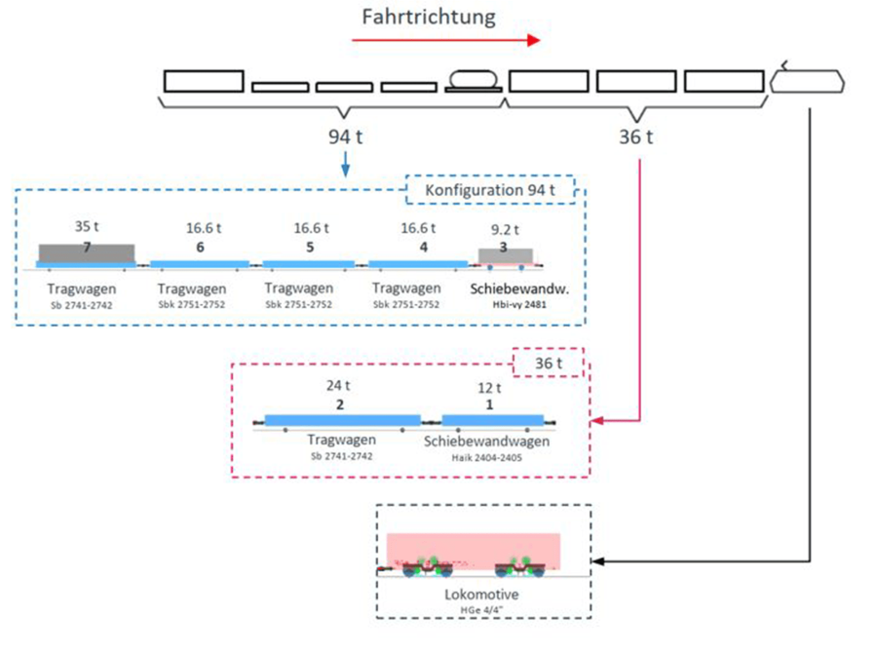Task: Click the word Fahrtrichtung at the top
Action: (429, 17)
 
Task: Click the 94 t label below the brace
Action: (346, 136)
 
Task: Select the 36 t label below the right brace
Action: (636, 136)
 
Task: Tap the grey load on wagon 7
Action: (87, 252)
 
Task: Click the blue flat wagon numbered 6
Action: (201, 264)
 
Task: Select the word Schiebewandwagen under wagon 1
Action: (487, 442)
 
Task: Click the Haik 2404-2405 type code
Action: (487, 456)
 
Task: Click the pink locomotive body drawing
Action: (474, 548)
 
